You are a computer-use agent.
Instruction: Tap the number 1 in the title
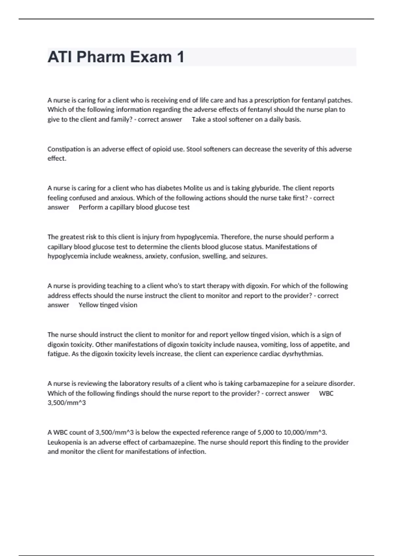[x=180, y=57]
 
